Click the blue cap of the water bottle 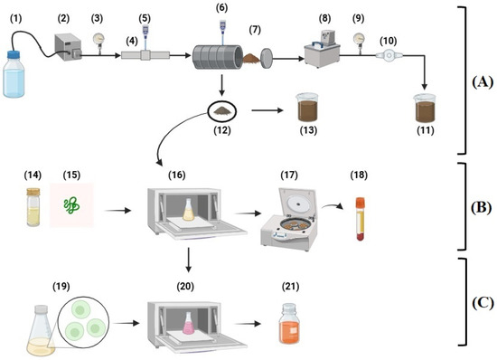[x=14, y=55]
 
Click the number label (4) [x=132, y=42]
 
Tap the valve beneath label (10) [x=389, y=55]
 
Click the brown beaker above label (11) [x=425, y=109]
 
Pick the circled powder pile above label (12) [x=222, y=111]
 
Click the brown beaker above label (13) [x=307, y=108]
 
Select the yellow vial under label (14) [x=33, y=207]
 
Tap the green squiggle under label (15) [x=71, y=205]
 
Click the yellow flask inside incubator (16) [x=188, y=210]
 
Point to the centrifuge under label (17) [x=289, y=219]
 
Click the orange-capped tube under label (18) [x=361, y=219]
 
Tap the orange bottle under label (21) [x=289, y=324]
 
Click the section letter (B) [x=481, y=207]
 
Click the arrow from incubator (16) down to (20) [x=189, y=260]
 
